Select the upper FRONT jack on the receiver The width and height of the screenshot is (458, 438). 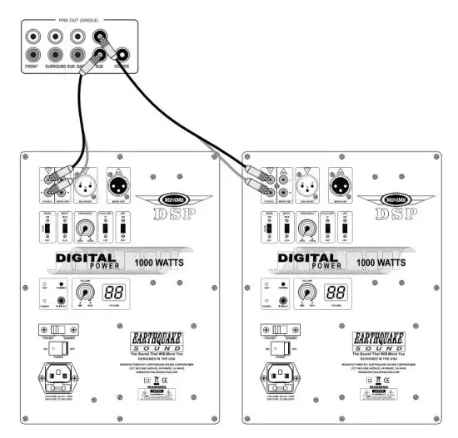(32, 37)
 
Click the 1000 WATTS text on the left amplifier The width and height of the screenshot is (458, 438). (171, 261)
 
